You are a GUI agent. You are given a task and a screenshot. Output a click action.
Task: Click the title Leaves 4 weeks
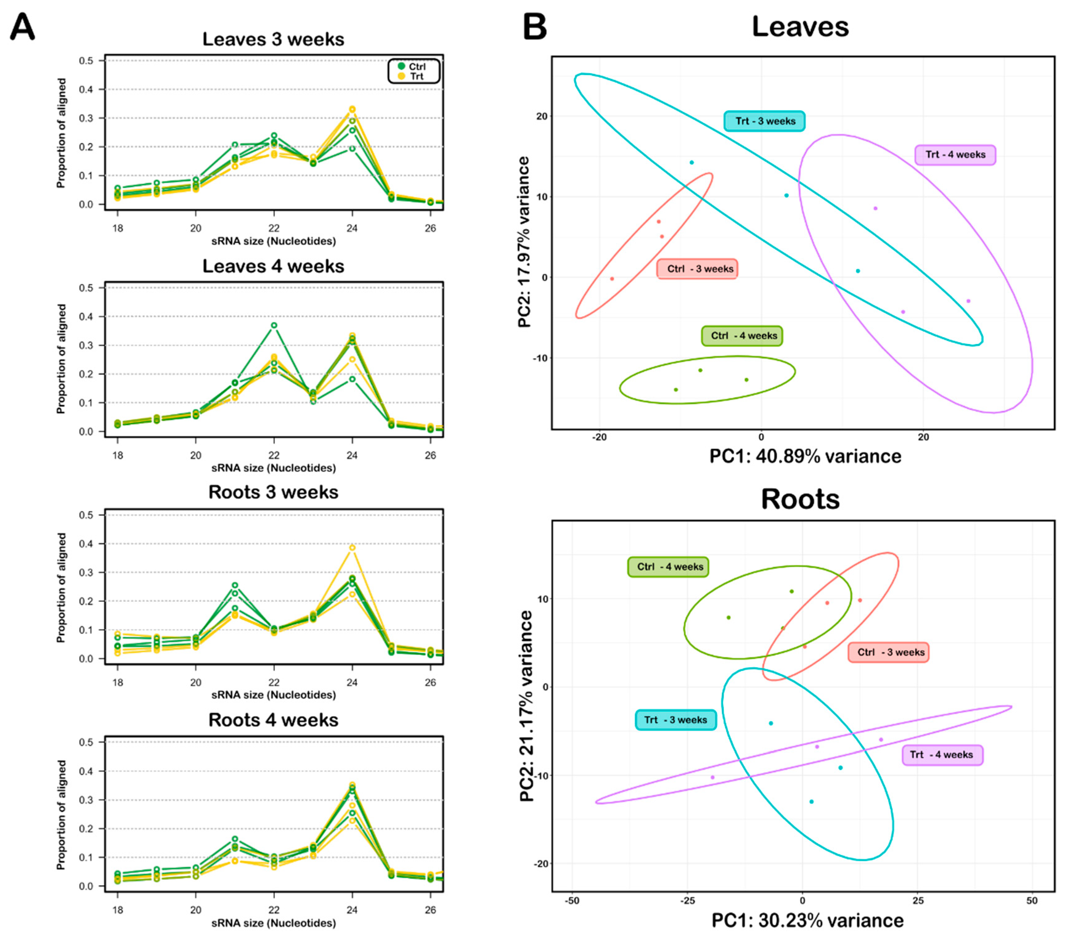[x=273, y=266]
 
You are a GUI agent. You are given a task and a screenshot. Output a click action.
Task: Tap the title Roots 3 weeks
[x=273, y=492]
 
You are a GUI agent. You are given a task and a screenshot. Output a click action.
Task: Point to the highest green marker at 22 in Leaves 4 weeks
[x=274, y=325]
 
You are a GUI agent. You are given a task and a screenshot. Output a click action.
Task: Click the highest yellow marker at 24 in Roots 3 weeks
[x=352, y=547]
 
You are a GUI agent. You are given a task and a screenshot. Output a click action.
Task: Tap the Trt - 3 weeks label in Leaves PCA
[x=765, y=121]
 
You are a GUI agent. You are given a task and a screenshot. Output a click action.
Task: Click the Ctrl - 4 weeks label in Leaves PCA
[x=742, y=336]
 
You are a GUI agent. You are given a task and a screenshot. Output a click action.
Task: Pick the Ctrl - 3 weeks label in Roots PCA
[x=888, y=652]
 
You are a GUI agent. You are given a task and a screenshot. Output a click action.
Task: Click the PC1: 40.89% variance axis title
[x=805, y=456]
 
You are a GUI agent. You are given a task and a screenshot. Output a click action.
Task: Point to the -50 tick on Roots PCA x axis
[x=572, y=901]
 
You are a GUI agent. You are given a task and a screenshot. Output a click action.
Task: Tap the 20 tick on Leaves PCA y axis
[x=542, y=116]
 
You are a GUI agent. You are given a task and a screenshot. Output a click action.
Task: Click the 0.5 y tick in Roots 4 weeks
[x=86, y=742]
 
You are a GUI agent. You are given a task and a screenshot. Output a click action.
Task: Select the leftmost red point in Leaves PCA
[x=612, y=279]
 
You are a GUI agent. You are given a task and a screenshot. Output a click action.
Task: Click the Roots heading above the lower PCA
[x=800, y=499]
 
